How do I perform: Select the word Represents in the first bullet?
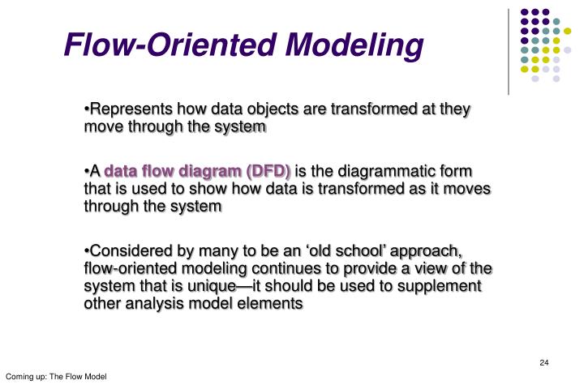(128, 109)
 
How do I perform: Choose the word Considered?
(130, 250)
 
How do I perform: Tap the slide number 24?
(544, 361)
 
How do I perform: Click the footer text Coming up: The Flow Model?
(56, 378)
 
